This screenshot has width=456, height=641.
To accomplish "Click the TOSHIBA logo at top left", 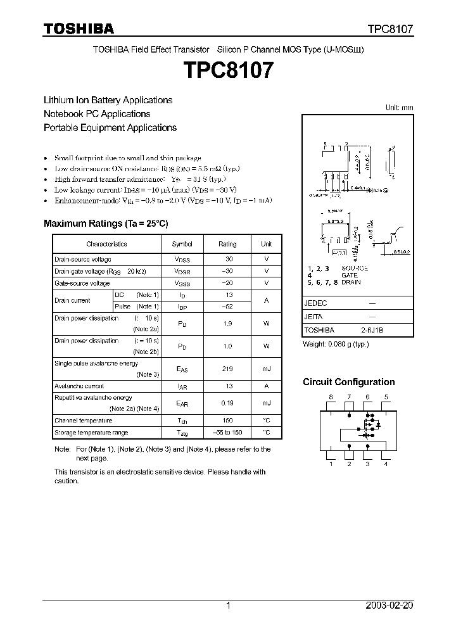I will click(x=78, y=29).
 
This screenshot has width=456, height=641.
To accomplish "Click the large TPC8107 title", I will click(x=229, y=70).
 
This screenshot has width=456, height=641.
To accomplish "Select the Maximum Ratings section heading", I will click(x=106, y=224).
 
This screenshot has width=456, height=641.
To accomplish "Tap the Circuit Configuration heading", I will click(x=348, y=382).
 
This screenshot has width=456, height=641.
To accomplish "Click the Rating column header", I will click(x=227, y=244).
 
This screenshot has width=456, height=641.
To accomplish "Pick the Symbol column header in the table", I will click(x=182, y=244).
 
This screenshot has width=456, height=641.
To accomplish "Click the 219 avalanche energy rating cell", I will click(x=227, y=369).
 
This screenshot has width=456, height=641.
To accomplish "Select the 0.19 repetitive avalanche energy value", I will click(x=227, y=403).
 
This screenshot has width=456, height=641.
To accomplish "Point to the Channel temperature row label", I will click(x=84, y=421).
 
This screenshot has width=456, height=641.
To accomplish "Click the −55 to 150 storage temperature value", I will click(x=227, y=433).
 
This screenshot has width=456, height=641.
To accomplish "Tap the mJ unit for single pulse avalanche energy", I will click(x=267, y=369).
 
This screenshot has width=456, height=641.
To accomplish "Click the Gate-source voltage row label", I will click(x=82, y=283).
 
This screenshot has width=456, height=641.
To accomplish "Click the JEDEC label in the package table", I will click(x=315, y=303).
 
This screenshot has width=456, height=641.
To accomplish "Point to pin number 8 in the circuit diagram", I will click(x=331, y=397).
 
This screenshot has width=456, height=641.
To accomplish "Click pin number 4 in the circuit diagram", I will click(x=386, y=464).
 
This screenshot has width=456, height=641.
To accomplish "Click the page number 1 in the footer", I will click(x=228, y=606).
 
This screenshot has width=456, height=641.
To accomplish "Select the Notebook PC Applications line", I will click(x=97, y=114).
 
